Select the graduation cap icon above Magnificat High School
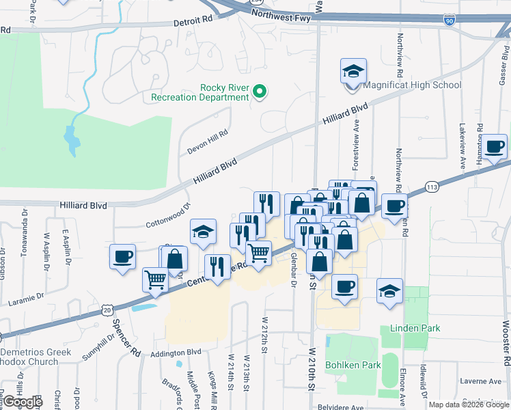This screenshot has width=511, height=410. pos(353,71)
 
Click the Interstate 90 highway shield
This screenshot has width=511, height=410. pos(449,21)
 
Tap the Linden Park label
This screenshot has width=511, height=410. pos(415,328)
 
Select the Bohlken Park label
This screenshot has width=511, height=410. pos(353,365)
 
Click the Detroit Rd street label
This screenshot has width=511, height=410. pos(193,22)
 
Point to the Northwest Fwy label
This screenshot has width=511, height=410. pos(281,15)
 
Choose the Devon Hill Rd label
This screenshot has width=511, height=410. pos(207,142)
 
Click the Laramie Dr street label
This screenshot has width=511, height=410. pos(25,299)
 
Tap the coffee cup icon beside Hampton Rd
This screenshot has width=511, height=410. pos(494,146)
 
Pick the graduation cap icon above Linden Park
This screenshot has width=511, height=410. pos(389,290)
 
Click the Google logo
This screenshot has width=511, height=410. pos(23,401)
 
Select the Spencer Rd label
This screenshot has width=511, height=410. pos(126,338)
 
